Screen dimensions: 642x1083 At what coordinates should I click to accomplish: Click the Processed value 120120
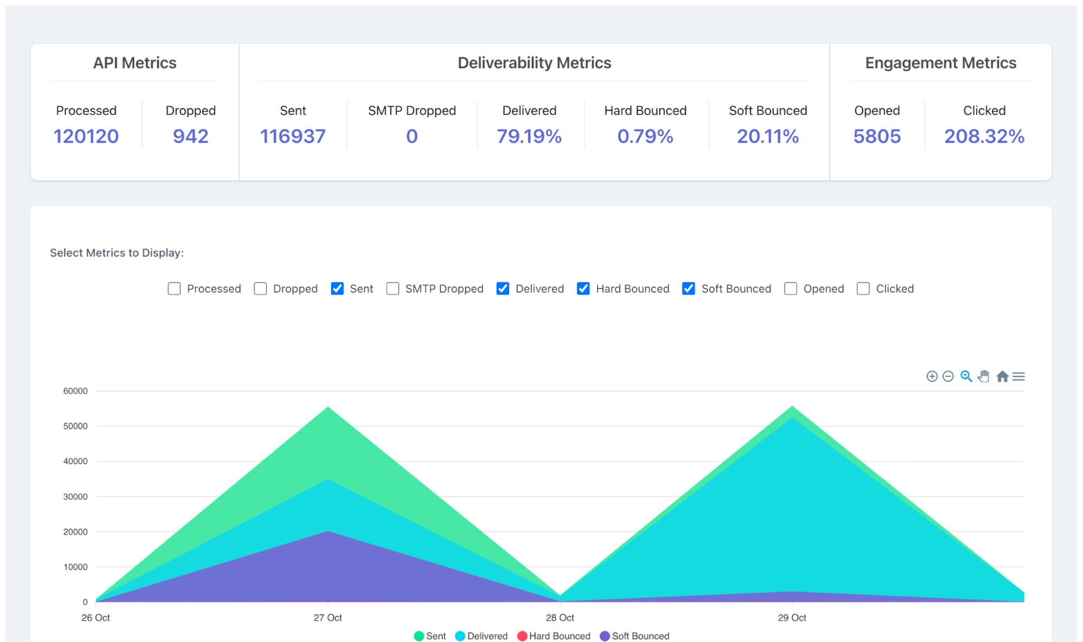click(x=86, y=136)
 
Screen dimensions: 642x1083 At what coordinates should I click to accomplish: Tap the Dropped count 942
click(x=190, y=136)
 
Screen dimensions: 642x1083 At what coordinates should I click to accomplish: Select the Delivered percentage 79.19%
click(x=529, y=136)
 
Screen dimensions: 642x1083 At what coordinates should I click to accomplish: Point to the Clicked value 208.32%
click(x=984, y=136)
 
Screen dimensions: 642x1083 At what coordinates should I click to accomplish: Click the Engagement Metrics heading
click(x=940, y=63)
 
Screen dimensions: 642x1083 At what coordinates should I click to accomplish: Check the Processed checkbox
click(x=174, y=288)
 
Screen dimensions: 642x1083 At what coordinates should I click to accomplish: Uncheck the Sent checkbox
click(x=337, y=288)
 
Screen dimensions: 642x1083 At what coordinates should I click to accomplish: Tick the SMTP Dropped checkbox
click(x=392, y=288)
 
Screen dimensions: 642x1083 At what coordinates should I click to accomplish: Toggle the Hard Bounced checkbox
click(x=583, y=288)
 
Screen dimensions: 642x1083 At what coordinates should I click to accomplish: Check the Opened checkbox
click(x=790, y=288)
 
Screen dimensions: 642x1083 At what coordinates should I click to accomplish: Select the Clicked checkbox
click(x=863, y=288)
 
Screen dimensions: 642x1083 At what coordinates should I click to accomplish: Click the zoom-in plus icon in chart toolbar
click(x=931, y=376)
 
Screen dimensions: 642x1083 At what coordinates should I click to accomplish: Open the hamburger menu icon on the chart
click(x=1019, y=376)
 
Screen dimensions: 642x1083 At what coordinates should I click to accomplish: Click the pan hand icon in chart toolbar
click(x=983, y=376)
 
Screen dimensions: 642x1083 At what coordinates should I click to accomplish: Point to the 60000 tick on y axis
click(x=75, y=391)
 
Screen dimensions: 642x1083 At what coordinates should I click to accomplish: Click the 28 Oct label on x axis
click(x=560, y=618)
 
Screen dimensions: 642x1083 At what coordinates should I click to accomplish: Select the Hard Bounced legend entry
click(x=554, y=636)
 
